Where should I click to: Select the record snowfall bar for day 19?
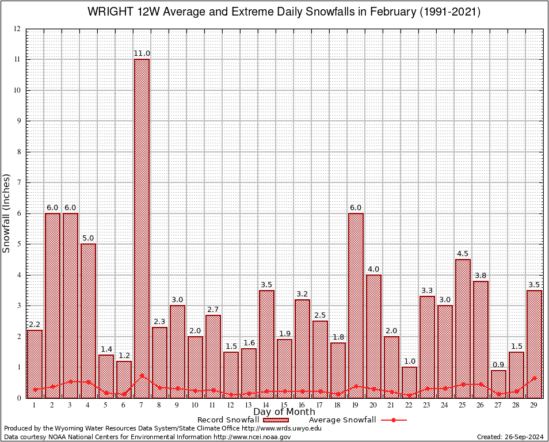[x=356, y=305]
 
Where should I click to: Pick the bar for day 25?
[x=463, y=328]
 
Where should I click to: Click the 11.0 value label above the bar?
[x=142, y=54]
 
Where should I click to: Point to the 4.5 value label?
[x=463, y=254]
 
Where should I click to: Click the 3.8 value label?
[x=481, y=276]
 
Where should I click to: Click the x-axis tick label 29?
[x=534, y=405]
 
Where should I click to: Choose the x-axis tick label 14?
[x=266, y=405]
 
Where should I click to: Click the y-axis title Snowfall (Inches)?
[x=7, y=213]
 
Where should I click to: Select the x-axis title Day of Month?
[x=284, y=412]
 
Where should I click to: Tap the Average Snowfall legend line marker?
[x=394, y=420]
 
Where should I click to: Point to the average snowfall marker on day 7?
[x=142, y=376]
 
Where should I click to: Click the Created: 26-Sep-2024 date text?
[x=510, y=437]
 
